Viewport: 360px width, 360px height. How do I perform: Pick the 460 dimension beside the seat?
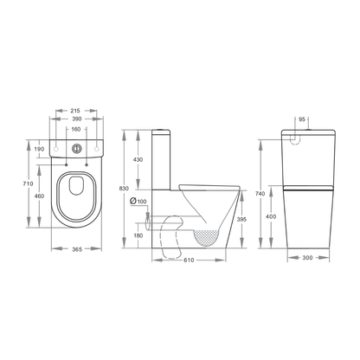[x=40, y=197]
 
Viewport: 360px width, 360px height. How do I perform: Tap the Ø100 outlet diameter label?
[x=138, y=202]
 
